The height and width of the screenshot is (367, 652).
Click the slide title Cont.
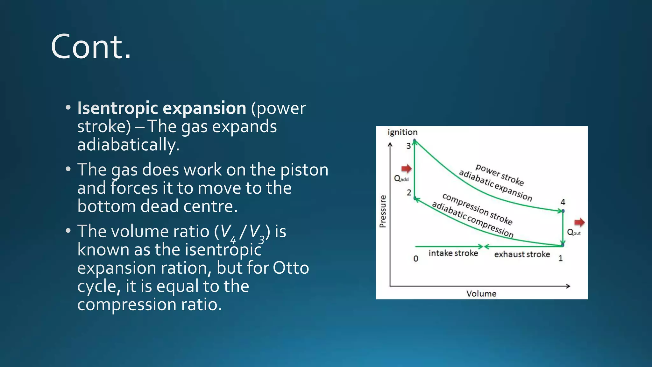(91, 47)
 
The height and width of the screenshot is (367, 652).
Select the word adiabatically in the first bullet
(128, 145)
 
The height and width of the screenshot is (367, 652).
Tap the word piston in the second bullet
(304, 169)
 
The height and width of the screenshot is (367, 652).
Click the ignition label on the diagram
(402, 132)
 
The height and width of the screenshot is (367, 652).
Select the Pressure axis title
(383, 212)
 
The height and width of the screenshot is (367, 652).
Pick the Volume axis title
(481, 293)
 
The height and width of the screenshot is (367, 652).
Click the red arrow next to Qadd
(406, 169)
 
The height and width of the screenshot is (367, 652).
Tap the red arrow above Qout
(579, 222)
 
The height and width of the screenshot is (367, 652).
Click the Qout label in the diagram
(574, 233)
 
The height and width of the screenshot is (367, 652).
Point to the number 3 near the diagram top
(408, 146)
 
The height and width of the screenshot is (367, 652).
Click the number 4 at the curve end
(563, 202)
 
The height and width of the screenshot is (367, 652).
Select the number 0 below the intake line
(416, 259)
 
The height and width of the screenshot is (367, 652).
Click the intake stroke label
(453, 253)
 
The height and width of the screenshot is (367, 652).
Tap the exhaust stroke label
(522, 254)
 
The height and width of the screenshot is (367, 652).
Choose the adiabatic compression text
(472, 220)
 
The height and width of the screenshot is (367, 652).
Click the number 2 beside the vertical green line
(409, 193)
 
